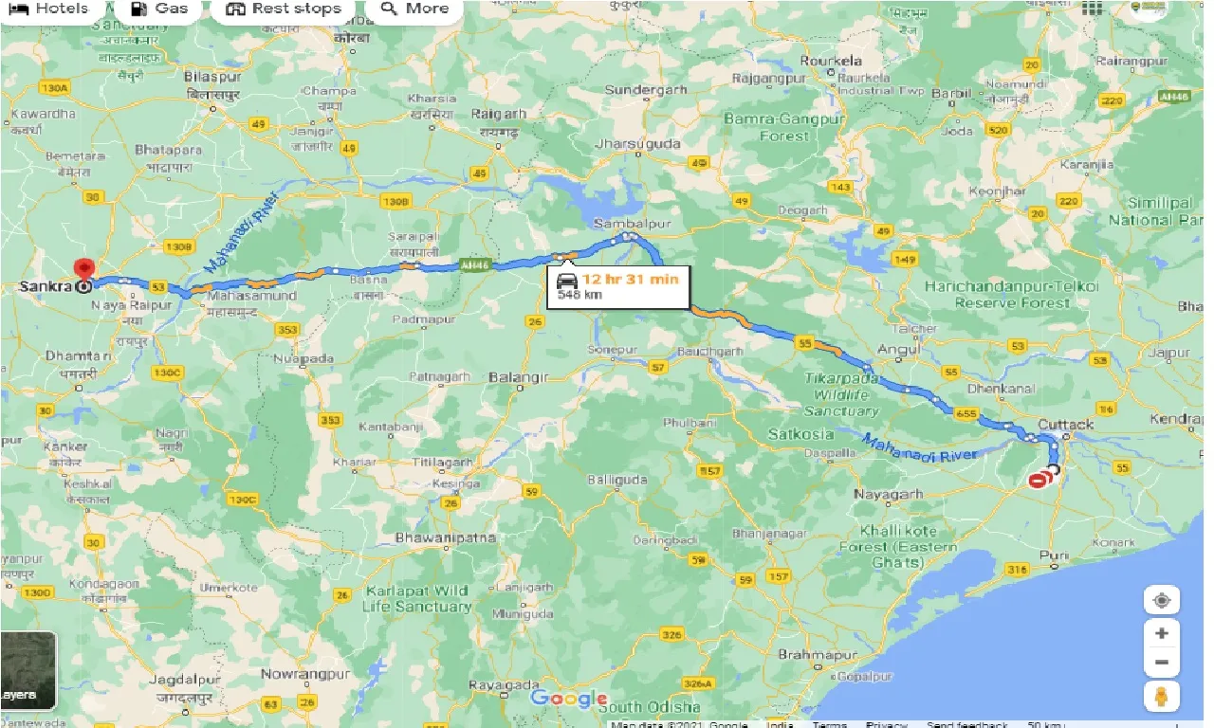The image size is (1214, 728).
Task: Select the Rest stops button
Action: coord(284,9)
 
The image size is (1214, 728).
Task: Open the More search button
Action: coord(414,9)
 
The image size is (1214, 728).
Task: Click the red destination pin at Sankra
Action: coord(85,269)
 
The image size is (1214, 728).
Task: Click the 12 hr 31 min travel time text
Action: coord(630,279)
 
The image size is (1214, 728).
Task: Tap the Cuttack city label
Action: coord(1066,424)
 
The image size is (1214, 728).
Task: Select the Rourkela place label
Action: coord(831,61)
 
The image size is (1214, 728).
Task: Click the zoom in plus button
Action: coord(1161,632)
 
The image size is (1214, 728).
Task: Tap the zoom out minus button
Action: coord(1161,663)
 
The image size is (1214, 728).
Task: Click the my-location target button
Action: coord(1161,600)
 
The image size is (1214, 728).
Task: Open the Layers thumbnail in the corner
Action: coord(28,670)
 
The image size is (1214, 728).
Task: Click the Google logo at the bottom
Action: coord(568,700)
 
